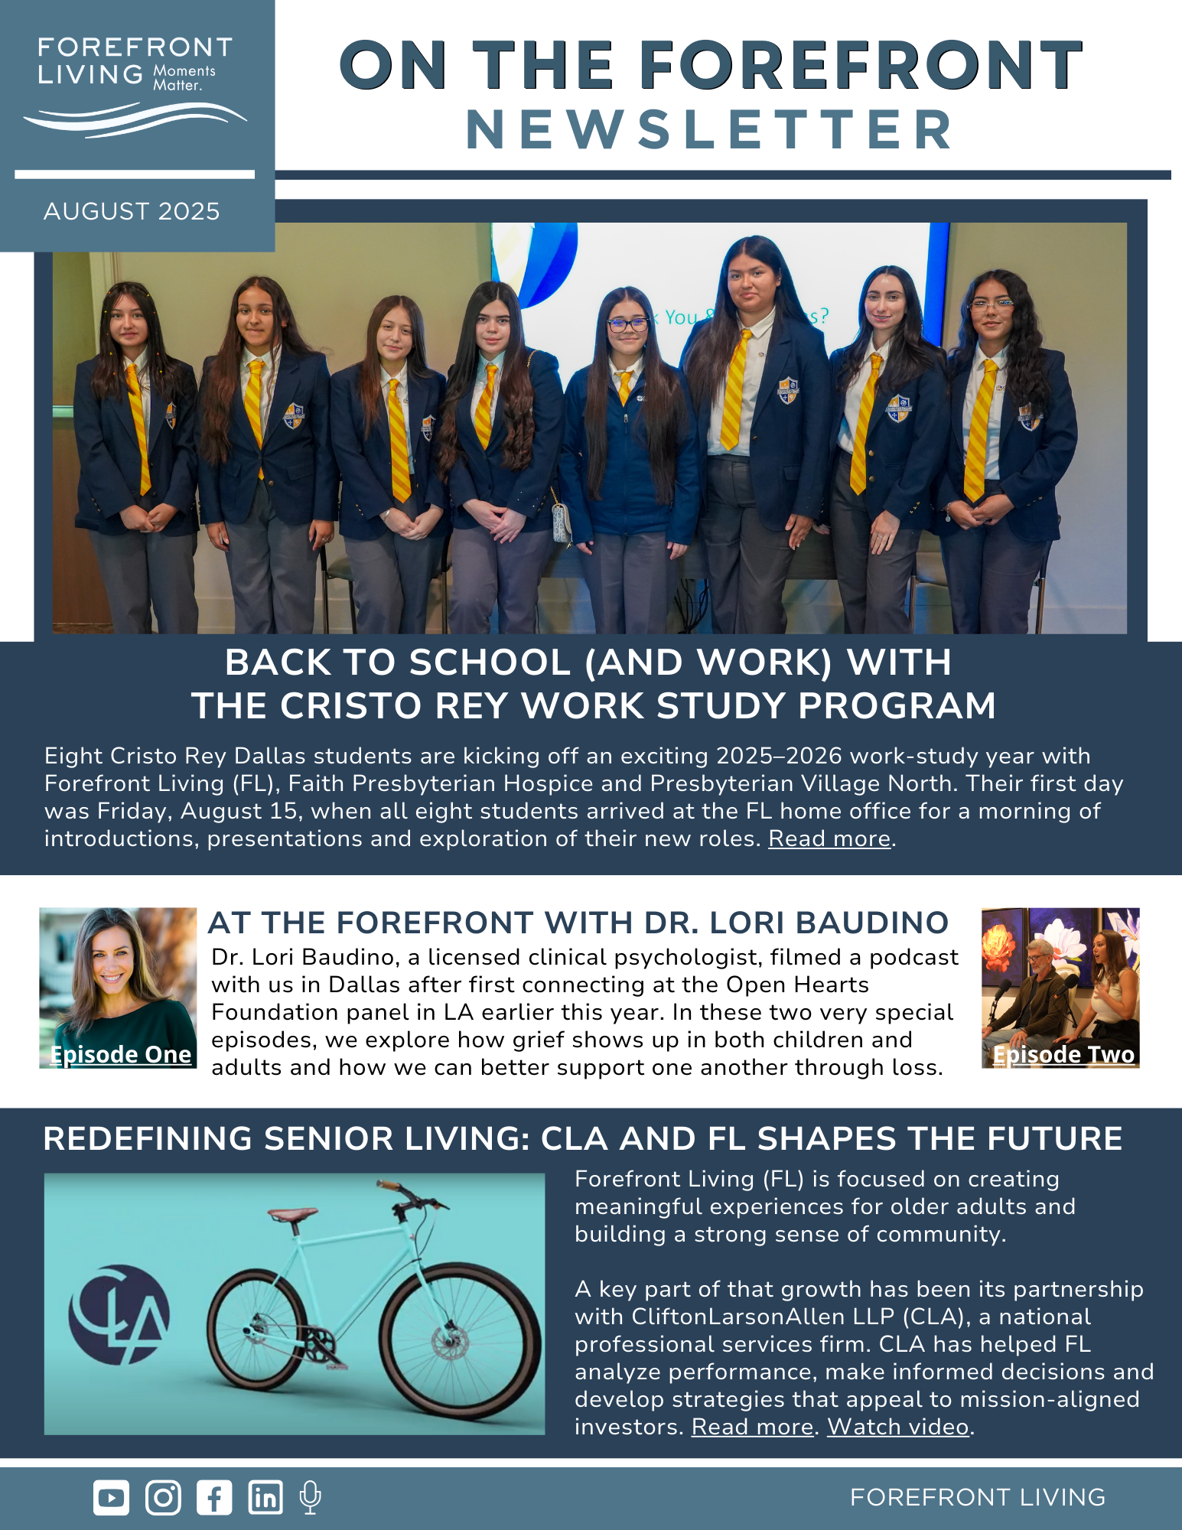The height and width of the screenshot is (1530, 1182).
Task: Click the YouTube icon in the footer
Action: (x=111, y=1497)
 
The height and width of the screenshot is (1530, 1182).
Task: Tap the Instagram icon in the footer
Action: (x=163, y=1497)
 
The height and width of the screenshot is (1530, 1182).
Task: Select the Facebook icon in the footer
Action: (x=214, y=1497)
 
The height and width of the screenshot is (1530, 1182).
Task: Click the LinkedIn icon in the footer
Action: (x=265, y=1497)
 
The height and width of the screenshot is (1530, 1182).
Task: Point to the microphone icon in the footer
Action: (x=310, y=1497)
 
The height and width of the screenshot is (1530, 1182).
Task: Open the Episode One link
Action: (x=120, y=1054)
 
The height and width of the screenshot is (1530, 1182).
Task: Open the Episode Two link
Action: (x=1063, y=1054)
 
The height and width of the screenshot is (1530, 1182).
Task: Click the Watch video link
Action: (x=898, y=1427)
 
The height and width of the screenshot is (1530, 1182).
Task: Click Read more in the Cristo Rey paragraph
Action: (x=829, y=838)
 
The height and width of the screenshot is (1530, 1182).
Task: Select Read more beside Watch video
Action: (x=752, y=1427)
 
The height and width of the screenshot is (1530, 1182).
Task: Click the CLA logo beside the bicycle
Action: (x=119, y=1314)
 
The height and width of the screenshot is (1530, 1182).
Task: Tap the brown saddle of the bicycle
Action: (x=292, y=1213)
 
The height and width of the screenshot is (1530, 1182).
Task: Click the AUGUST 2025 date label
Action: (x=132, y=211)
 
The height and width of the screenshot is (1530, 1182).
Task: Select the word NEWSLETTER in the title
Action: (x=710, y=130)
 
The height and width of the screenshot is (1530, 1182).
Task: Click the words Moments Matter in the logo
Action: (x=184, y=78)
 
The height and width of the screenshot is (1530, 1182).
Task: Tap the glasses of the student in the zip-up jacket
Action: (x=627, y=324)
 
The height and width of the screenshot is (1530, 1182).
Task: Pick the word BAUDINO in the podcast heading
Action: (x=872, y=923)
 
